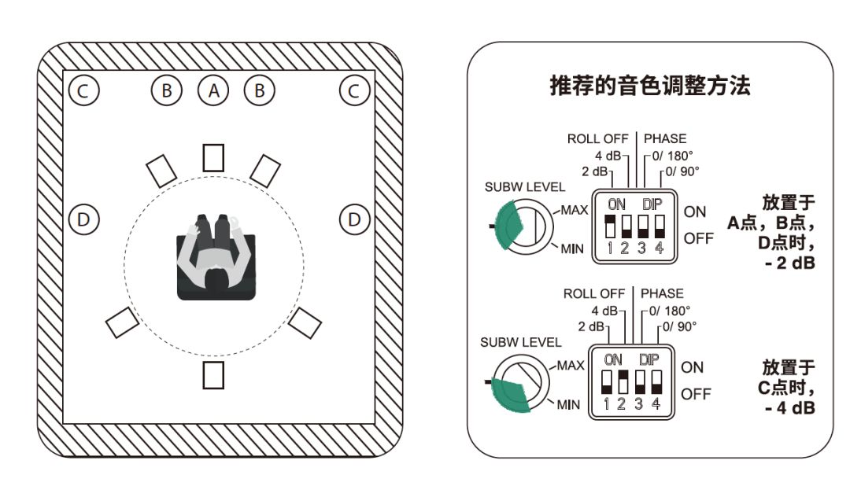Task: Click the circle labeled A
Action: point(213,91)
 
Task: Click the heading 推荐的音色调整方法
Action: point(649,86)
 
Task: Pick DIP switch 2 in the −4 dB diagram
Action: point(623,381)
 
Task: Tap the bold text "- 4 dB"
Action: point(789,408)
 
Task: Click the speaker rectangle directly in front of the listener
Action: point(213,157)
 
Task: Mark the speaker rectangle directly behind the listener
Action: point(213,375)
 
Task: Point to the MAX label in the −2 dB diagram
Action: point(575,210)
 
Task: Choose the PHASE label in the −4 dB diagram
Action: point(662,293)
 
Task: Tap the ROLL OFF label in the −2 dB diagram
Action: point(598,139)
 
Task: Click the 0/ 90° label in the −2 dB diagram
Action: point(682,170)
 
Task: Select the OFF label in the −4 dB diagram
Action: point(696,393)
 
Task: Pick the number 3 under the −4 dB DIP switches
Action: point(639,404)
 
